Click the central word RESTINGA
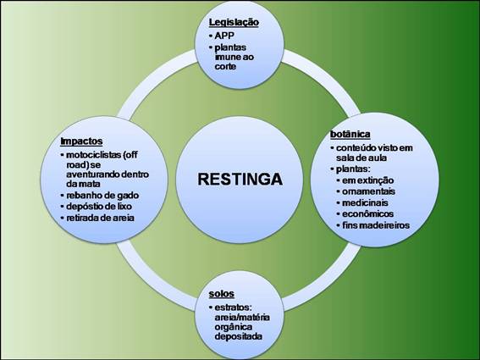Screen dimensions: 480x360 point(240,179)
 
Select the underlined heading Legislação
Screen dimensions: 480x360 point(234,23)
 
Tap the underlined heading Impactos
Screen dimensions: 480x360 point(81,141)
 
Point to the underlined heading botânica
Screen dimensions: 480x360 point(350,134)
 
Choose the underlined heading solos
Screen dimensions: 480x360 point(221,294)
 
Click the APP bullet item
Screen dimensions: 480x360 point(224,36)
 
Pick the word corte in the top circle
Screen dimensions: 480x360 point(225,66)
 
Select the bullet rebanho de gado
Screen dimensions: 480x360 point(102,196)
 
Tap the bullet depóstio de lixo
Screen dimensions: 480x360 point(99,207)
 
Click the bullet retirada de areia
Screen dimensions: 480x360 point(100,218)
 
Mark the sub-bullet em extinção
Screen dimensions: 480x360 point(367,180)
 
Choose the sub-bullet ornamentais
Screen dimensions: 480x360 point(368,191)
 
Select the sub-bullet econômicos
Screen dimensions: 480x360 point(367,213)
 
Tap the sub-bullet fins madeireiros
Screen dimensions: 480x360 point(376,225)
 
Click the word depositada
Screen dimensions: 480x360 point(238,336)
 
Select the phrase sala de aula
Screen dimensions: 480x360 point(361,158)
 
